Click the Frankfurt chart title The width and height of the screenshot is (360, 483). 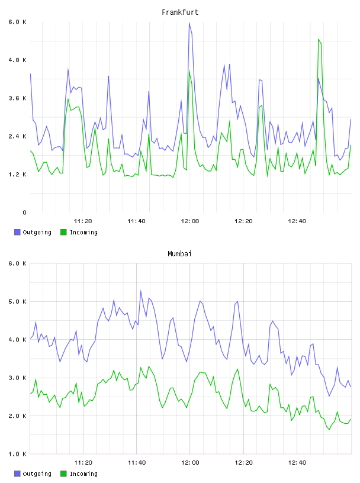(x=180, y=12)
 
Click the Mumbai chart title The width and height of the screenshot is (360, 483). (x=179, y=253)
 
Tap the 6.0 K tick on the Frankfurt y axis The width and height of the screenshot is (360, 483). (x=17, y=22)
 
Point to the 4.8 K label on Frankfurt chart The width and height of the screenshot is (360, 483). (x=17, y=60)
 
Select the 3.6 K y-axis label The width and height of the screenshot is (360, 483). (x=17, y=98)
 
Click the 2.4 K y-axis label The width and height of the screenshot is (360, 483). (x=17, y=136)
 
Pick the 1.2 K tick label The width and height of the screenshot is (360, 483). (x=17, y=175)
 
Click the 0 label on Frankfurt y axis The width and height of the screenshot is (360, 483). (x=24, y=212)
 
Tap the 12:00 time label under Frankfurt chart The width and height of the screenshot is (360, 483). (x=190, y=221)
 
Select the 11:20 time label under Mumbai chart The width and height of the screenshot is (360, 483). (x=83, y=462)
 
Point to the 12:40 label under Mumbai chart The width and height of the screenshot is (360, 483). (x=297, y=462)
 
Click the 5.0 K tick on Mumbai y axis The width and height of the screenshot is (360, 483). (x=17, y=301)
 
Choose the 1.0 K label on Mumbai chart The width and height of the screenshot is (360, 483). (x=17, y=454)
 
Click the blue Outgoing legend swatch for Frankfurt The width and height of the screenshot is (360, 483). (x=17, y=232)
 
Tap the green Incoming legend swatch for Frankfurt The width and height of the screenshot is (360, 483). (x=63, y=232)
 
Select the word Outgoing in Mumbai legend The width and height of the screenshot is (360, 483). (x=37, y=474)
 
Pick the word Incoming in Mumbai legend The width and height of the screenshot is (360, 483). (x=83, y=474)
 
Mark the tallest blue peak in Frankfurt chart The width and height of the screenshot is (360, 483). (x=189, y=22)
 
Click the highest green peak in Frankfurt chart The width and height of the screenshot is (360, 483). (x=319, y=40)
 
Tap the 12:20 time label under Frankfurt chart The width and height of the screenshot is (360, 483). (x=243, y=221)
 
